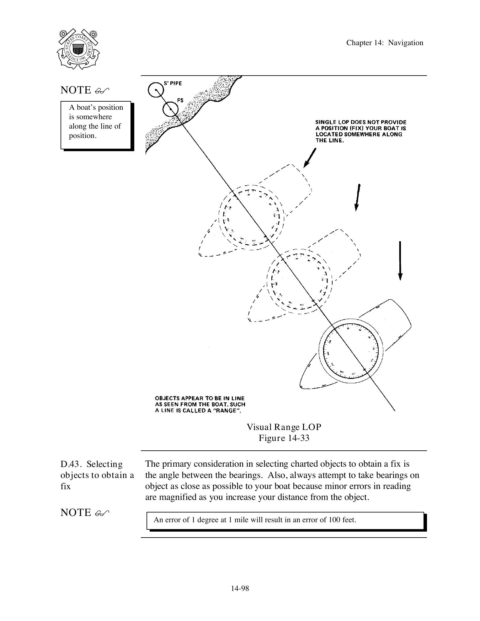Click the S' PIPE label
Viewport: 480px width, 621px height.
pyautogui.click(x=173, y=83)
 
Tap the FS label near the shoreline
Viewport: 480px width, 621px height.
pyautogui.click(x=180, y=101)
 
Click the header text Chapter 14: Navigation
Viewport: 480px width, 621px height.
pyautogui.click(x=385, y=43)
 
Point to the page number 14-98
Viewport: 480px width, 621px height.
pyautogui.click(x=240, y=588)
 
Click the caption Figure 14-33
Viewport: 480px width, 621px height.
pyautogui.click(x=284, y=438)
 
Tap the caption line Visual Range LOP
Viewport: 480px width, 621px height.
pyautogui.click(x=284, y=427)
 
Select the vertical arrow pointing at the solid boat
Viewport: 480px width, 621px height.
pyautogui.click(x=400, y=260)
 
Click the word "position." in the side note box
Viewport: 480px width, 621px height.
pyautogui.click(x=83, y=136)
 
